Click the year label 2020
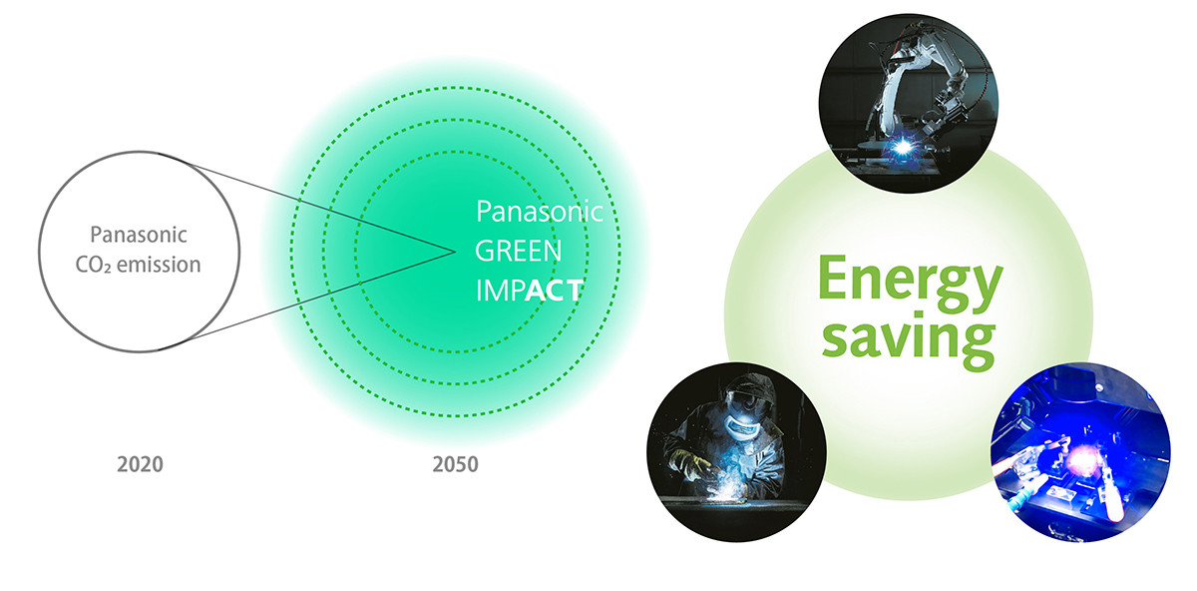pyautogui.click(x=140, y=464)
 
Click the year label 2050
pyautogui.click(x=455, y=464)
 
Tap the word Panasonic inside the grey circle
pyautogui.click(x=139, y=236)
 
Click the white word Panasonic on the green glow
pyautogui.click(x=539, y=212)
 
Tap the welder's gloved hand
pyautogui.click(x=688, y=461)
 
